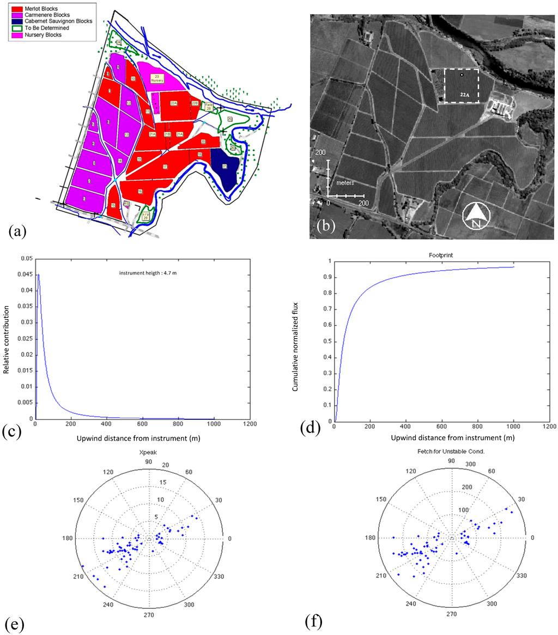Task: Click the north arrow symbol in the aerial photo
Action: pyautogui.click(x=475, y=217)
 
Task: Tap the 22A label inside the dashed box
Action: pyautogui.click(x=464, y=95)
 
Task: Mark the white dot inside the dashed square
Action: pyautogui.click(x=461, y=75)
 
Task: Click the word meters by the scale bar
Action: pyautogui.click(x=344, y=183)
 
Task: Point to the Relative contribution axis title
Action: pyautogui.click(x=7, y=337)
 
